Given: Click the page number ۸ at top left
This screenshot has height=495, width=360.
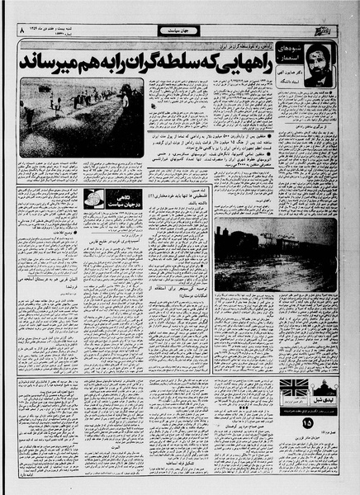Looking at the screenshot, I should tap(11, 31).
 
